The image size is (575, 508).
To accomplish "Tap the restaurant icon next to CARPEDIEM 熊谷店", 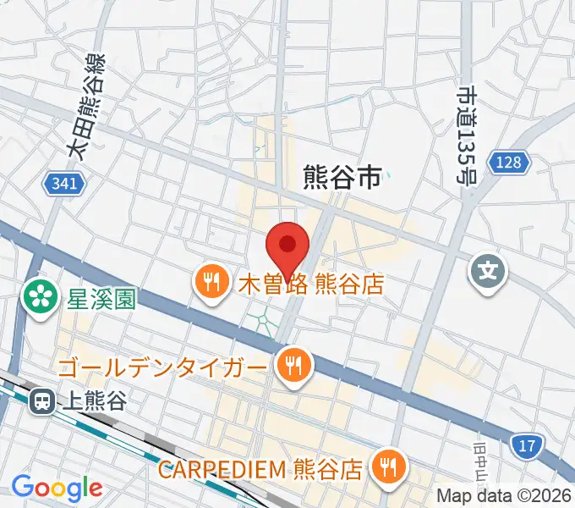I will [x=389, y=467].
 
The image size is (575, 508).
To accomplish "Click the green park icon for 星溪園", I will [x=38, y=295].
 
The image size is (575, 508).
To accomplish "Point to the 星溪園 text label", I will [x=104, y=298].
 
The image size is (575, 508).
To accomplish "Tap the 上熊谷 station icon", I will [x=40, y=402].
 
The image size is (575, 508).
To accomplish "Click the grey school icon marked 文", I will [x=489, y=272].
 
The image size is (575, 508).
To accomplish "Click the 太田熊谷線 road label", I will [x=87, y=108].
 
